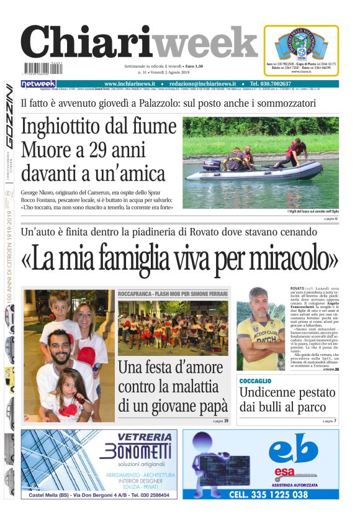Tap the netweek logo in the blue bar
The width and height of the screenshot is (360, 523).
(x=38, y=84)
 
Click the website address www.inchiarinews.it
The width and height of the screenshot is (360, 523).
(x=129, y=84)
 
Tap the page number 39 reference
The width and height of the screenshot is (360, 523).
(x=226, y=421)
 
